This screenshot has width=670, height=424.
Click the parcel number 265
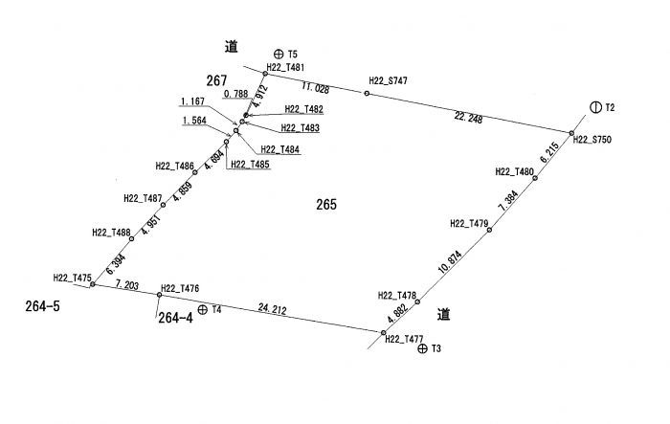click(326, 204)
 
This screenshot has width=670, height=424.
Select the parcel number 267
click(216, 80)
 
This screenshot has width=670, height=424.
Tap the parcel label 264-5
click(43, 306)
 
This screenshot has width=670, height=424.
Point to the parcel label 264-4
click(175, 318)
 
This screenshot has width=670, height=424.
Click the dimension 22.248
click(468, 118)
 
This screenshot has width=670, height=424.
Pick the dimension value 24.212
click(272, 308)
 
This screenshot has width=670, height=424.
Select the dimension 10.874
click(451, 261)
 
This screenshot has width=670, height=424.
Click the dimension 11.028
click(315, 88)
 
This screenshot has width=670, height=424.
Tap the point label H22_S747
click(388, 80)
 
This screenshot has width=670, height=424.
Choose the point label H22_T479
click(469, 224)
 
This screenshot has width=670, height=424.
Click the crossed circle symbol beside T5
click(279, 54)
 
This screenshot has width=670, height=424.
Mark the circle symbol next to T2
click(595, 107)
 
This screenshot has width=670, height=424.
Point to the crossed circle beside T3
click(422, 348)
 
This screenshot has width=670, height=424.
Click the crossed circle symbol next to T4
click(203, 309)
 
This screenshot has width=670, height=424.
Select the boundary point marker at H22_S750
click(571, 133)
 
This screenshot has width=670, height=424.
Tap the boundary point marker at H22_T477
click(383, 332)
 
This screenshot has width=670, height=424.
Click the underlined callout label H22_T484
click(280, 149)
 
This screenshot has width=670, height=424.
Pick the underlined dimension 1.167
click(192, 101)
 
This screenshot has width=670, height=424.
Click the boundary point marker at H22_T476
click(160, 295)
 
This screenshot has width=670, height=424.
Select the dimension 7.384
click(508, 201)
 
